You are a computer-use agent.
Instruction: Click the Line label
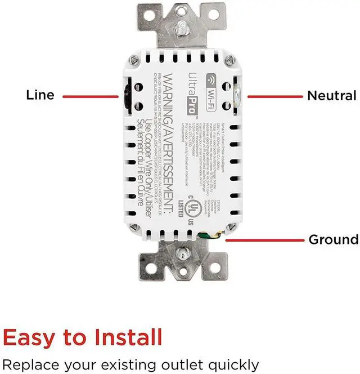[x=40, y=95]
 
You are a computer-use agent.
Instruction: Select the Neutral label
[x=331, y=96]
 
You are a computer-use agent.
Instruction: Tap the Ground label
[x=333, y=240]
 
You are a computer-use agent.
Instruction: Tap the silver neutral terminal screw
[x=236, y=96]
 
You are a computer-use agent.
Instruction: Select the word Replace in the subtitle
[x=28, y=364]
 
